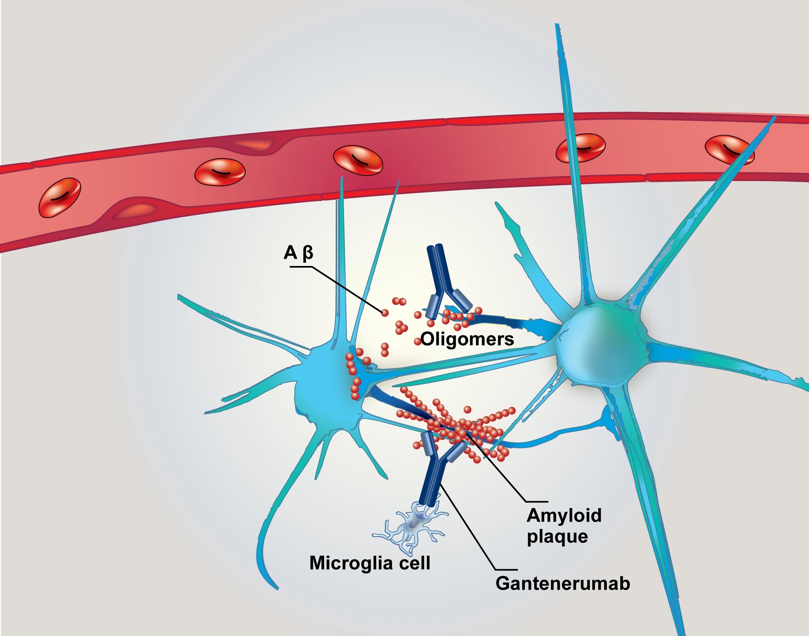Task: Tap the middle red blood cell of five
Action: click(x=358, y=160)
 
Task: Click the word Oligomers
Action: click(x=467, y=339)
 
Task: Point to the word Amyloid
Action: click(x=564, y=515)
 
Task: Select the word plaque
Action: click(x=557, y=537)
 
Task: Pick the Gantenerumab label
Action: click(x=563, y=584)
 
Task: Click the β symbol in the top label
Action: click(x=308, y=253)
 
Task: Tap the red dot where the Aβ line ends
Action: click(x=384, y=313)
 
